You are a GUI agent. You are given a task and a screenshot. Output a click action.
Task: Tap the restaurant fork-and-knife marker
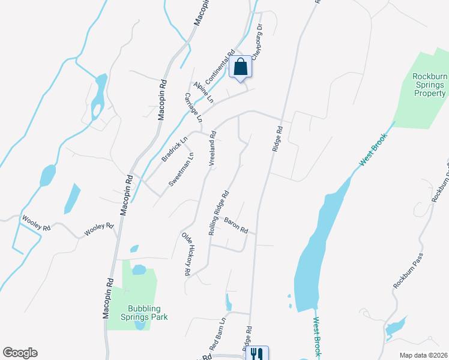coord(257,353)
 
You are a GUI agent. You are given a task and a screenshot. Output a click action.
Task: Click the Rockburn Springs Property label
coord(429,85)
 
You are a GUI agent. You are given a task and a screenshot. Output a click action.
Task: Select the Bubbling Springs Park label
coord(143,312)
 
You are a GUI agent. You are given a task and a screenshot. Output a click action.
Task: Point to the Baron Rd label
coord(236,225)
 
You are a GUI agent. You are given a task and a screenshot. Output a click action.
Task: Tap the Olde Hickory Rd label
coord(187,254)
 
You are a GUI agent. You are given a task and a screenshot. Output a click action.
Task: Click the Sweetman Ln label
coord(181,170)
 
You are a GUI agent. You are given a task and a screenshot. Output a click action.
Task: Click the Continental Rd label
coord(219,67)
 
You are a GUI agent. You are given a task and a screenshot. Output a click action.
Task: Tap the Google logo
coord(20,353)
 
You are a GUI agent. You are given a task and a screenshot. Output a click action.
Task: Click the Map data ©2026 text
coord(424,355)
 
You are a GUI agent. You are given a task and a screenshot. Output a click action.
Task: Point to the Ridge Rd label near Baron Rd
coord(276,139)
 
